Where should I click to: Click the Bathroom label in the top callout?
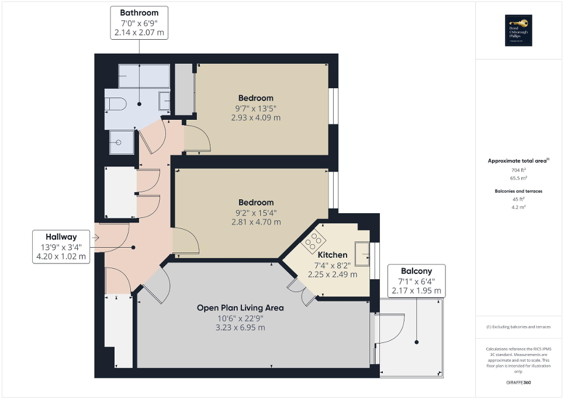(139, 12)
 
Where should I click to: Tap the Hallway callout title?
(61, 237)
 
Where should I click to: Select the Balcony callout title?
(416, 271)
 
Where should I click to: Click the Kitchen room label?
(332, 255)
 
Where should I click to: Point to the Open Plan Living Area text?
(240, 307)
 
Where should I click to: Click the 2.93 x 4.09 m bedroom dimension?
(256, 117)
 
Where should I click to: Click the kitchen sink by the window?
(361, 255)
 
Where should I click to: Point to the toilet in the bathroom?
(116, 104)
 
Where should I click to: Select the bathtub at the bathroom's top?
(144, 76)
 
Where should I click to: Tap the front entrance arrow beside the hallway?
(96, 238)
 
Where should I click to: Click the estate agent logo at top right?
(517, 30)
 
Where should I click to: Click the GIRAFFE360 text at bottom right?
(519, 383)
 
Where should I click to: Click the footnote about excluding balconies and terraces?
(518, 327)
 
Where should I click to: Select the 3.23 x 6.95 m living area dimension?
(240, 328)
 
